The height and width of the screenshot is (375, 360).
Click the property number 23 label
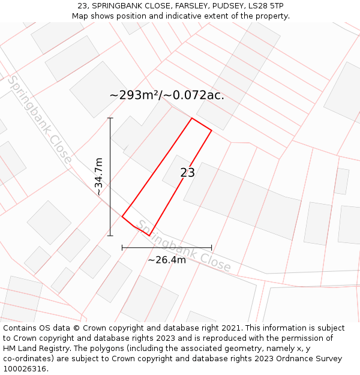click(x=187, y=173)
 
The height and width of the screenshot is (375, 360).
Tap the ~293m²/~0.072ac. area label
click(x=167, y=95)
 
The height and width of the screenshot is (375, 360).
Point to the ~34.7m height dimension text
click(x=99, y=176)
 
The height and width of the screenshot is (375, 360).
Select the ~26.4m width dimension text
click(x=167, y=259)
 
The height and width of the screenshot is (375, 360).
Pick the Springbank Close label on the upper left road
click(x=40, y=120)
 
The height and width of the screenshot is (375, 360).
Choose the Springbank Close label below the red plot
click(x=184, y=246)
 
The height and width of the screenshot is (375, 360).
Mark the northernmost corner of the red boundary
click(x=192, y=118)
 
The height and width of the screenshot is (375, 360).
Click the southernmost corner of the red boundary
click(x=149, y=236)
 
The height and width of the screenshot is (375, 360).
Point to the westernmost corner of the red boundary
click(x=122, y=216)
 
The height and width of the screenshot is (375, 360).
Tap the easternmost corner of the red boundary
click(x=212, y=130)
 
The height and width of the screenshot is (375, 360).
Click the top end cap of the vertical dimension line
click(x=110, y=118)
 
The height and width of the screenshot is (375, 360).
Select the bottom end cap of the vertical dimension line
click(x=110, y=236)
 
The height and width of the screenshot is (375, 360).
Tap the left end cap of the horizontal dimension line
click(x=122, y=247)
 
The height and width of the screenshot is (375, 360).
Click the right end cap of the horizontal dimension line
click(x=212, y=247)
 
